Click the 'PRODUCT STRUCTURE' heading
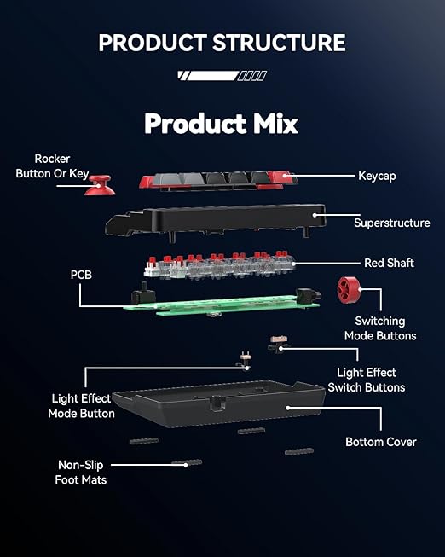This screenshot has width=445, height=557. click(x=222, y=43)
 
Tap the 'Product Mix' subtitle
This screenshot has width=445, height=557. click(x=221, y=124)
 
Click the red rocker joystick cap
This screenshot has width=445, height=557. click(x=100, y=185)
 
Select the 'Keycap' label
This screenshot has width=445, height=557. click(x=377, y=176)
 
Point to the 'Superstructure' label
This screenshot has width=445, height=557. click(x=392, y=223)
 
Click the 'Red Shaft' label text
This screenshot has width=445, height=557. click(x=389, y=263)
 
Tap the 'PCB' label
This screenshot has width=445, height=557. click(x=81, y=275)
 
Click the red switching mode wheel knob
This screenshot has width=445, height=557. click(x=350, y=290)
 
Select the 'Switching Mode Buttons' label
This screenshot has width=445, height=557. click(x=380, y=328)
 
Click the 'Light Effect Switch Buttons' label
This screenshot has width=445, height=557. click(x=367, y=380)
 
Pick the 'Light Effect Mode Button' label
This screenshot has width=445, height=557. click(x=81, y=406)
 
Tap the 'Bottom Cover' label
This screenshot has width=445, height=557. click(x=381, y=442)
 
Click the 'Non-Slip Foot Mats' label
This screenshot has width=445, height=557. click(x=81, y=473)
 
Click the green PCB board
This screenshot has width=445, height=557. click(x=221, y=304)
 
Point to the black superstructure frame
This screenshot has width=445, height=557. click(x=215, y=221)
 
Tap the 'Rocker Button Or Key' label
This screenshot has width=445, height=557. click(x=52, y=165)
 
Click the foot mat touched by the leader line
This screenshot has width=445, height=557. click(x=187, y=463)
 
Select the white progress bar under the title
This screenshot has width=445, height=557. click(x=222, y=76)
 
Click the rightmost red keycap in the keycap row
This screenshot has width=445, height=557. click(x=282, y=177)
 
